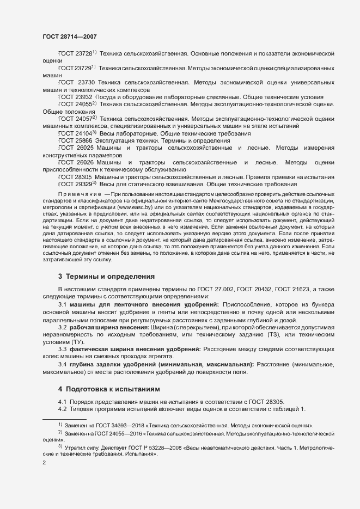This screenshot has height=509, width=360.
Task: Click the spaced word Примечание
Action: [80, 194]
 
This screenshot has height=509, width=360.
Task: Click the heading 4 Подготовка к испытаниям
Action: [109, 390]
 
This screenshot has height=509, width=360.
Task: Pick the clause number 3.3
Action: [63, 348]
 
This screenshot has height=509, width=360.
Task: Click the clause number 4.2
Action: [63, 409]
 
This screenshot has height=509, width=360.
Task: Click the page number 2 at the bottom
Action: [44, 463]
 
